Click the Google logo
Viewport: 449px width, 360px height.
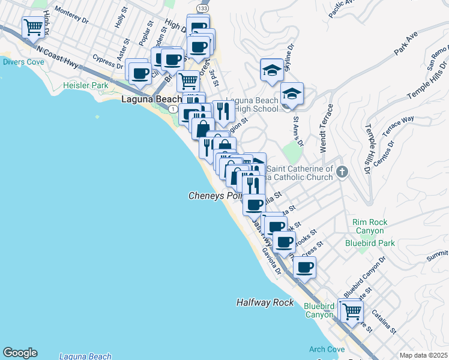[20, 353]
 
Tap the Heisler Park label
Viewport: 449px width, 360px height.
[86, 86]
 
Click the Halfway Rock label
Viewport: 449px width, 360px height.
[265, 303]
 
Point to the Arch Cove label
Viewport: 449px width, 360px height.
[327, 350]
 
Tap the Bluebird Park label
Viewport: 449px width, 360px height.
[370, 243]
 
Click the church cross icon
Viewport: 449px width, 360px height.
[342, 172]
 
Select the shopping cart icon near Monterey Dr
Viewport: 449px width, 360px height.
[34, 27]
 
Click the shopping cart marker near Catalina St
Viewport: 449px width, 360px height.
[352, 311]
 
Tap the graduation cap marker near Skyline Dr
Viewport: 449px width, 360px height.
[272, 70]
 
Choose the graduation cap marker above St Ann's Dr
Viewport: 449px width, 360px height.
[292, 94]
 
